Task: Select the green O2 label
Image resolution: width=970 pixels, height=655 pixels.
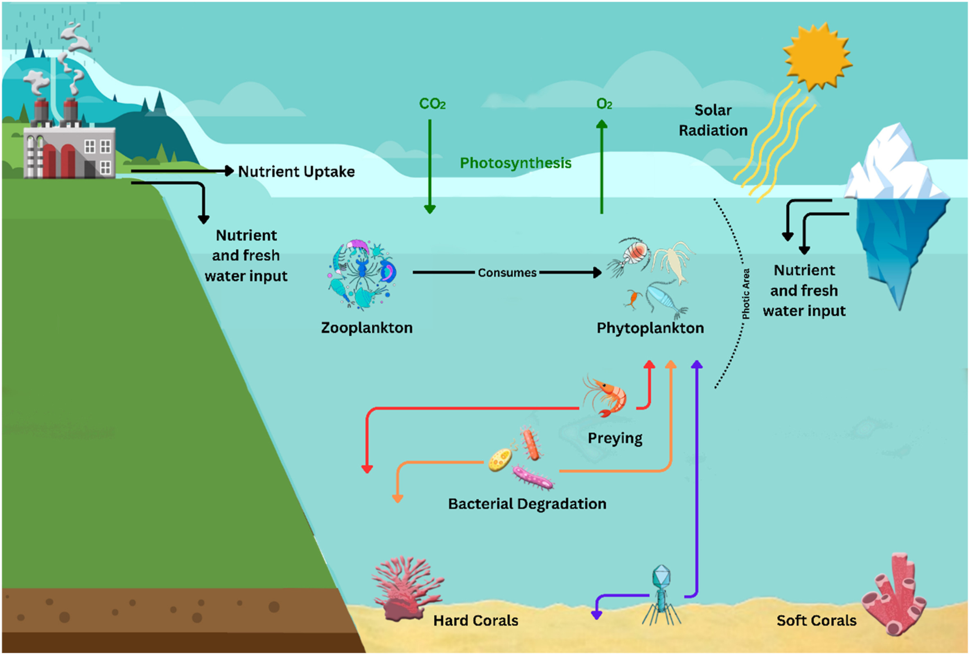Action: pos(604,103)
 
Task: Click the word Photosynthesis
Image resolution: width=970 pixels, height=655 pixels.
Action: pos(515,163)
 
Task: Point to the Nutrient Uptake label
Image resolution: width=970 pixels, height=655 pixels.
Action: pos(296,171)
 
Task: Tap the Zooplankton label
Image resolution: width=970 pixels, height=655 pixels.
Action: pos(366,328)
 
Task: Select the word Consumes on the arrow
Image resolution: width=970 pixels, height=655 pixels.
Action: pos(507,273)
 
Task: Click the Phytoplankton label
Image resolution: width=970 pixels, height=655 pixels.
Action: pos(650,328)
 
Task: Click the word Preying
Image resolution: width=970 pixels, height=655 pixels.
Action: pos(615,438)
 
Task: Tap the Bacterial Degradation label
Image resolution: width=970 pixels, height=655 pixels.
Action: pos(527,504)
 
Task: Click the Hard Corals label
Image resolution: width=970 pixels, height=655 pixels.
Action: pos(476,620)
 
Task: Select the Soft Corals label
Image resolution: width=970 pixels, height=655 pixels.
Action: pos(816,620)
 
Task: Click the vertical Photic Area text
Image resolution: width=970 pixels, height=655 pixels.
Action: pos(746,294)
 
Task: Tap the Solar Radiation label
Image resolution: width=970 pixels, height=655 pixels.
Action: pos(713,121)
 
